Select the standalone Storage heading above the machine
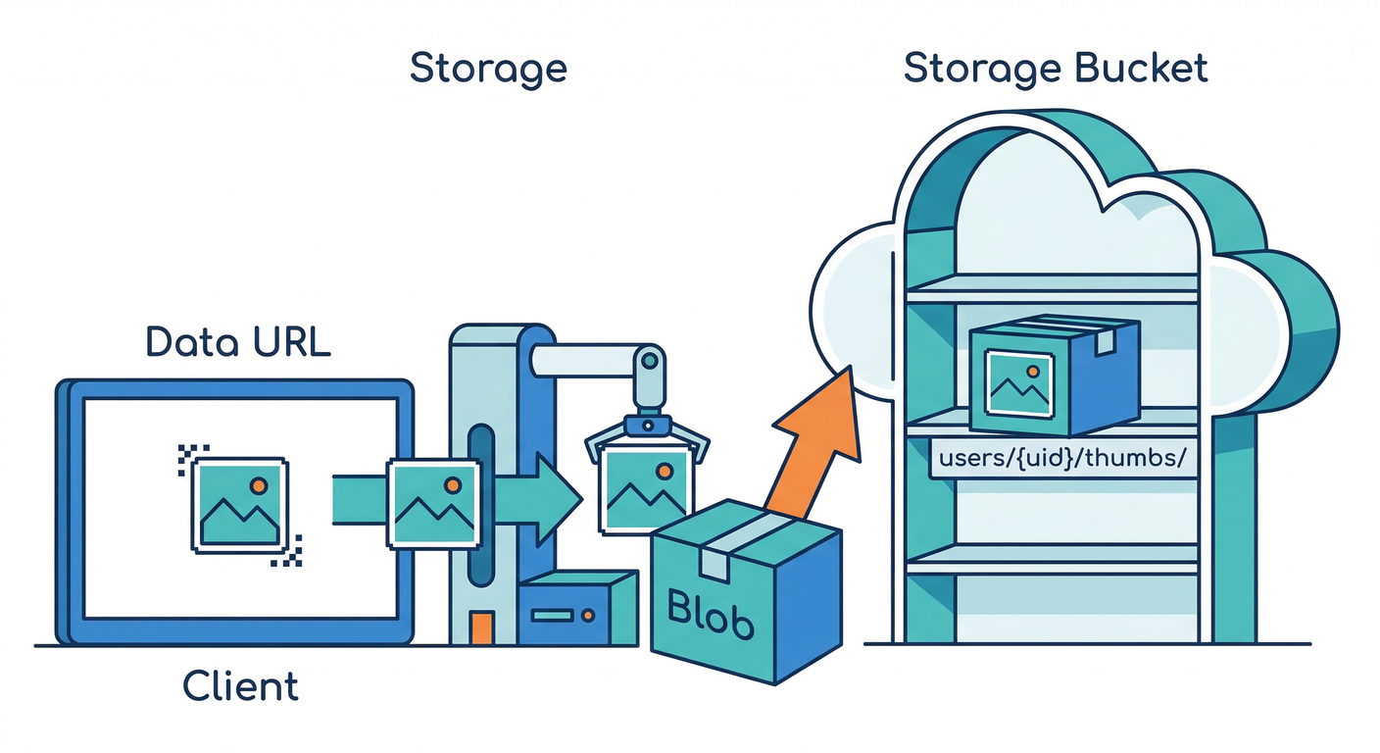[488, 69]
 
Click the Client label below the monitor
[240, 685]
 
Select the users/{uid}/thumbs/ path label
[1062, 459]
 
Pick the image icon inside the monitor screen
[238, 504]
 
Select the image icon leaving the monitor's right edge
[432, 503]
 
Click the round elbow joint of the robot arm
[647, 360]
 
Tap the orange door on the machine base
[480, 627]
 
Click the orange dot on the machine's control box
[588, 616]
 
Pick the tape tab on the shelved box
[1106, 340]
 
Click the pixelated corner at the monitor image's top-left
[187, 457]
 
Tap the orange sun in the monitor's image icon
[258, 484]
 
